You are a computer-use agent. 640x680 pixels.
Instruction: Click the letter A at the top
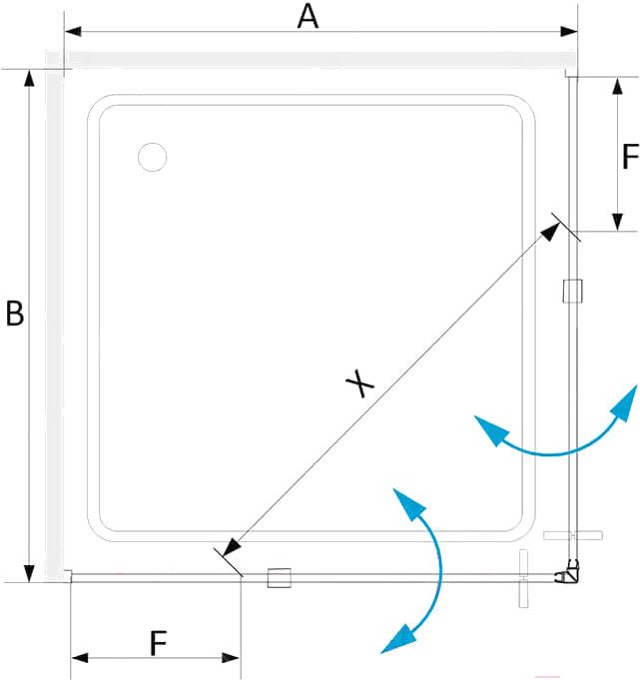(x=308, y=17)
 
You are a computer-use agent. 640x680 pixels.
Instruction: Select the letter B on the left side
(x=15, y=314)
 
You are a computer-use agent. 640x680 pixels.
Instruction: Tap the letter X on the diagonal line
(x=359, y=382)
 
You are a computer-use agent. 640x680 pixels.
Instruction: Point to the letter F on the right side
(x=630, y=156)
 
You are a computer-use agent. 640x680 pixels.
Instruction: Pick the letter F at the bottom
(x=159, y=643)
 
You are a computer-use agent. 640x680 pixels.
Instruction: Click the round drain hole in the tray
(x=152, y=157)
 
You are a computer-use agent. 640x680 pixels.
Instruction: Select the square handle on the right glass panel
(x=572, y=291)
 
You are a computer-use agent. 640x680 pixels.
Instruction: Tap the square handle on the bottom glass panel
(x=279, y=578)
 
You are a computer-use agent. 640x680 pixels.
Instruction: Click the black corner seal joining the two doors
(x=568, y=573)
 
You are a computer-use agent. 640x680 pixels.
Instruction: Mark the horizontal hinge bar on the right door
(x=573, y=535)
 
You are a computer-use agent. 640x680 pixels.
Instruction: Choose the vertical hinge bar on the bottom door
(x=524, y=578)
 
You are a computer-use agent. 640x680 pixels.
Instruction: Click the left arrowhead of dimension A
(x=73, y=31)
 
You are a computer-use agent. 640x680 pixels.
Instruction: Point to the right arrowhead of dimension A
(x=568, y=31)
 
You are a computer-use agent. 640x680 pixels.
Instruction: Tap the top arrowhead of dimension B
(x=29, y=78)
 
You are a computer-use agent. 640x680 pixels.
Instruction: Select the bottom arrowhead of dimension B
(x=29, y=573)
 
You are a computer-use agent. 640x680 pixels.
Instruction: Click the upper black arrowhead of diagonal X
(x=550, y=232)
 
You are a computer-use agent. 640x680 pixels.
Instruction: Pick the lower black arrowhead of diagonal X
(x=232, y=547)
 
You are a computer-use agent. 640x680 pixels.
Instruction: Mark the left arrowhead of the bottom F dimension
(x=79, y=657)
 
